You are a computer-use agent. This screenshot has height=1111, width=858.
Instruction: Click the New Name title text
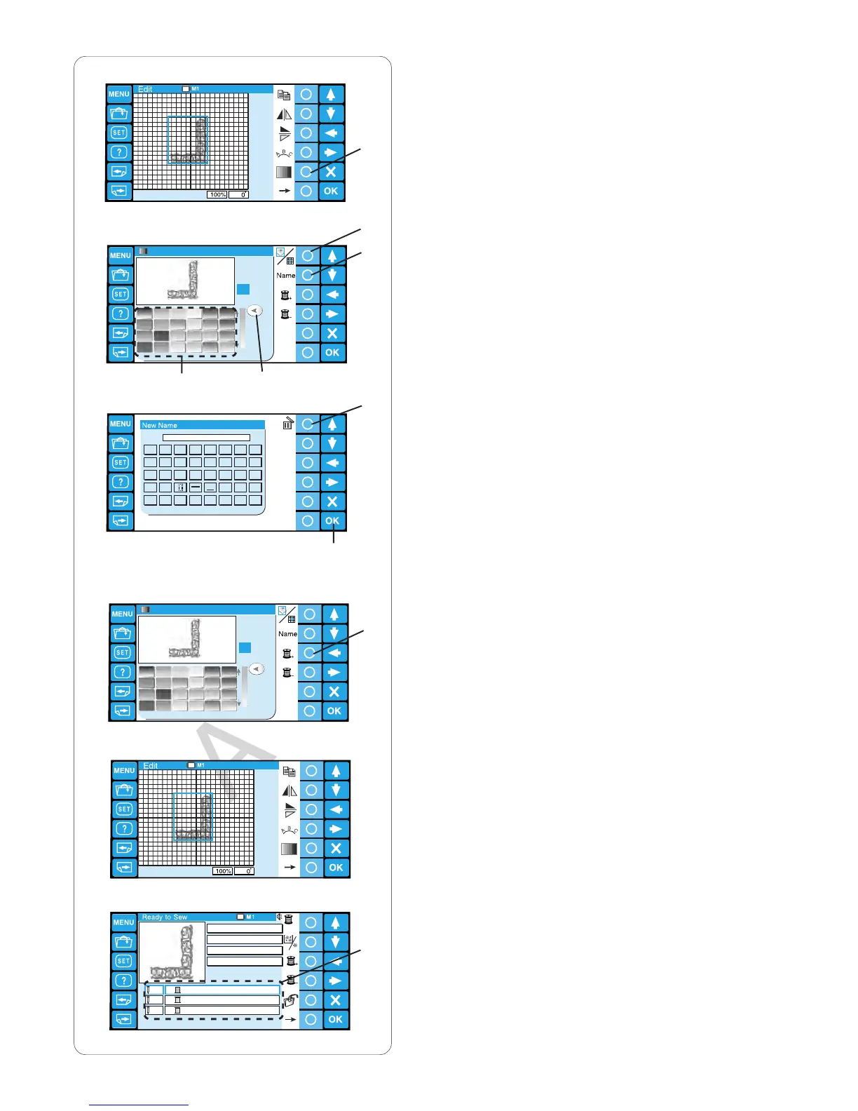pos(160,425)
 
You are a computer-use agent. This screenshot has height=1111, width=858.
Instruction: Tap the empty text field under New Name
pos(206,438)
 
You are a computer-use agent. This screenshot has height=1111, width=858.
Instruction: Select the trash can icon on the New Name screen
pos(287,424)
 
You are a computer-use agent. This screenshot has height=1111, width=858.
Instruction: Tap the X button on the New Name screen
pos(332,501)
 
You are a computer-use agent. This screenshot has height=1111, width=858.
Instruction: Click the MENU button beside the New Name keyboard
pos(121,424)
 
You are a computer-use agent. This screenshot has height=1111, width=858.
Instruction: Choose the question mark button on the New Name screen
pos(121,482)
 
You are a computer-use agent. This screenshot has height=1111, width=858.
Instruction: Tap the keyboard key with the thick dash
pos(196,487)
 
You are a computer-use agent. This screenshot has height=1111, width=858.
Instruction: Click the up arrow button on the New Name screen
pos(332,424)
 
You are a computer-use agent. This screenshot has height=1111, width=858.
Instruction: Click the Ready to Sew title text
pos(165,917)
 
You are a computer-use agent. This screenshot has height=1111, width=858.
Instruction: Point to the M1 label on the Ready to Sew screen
pos(250,917)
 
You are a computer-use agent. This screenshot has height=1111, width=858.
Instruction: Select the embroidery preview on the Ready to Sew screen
pos(172,952)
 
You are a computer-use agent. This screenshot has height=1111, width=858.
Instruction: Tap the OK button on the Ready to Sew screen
pos(336,1019)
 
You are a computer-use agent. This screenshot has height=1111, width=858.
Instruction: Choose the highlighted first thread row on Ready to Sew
pos(213,990)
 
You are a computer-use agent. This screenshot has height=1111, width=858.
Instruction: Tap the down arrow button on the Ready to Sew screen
pos(336,942)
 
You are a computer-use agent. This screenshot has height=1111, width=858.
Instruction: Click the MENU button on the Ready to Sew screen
pos(123,922)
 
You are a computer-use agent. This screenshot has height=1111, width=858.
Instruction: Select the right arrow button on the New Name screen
pos(332,482)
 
